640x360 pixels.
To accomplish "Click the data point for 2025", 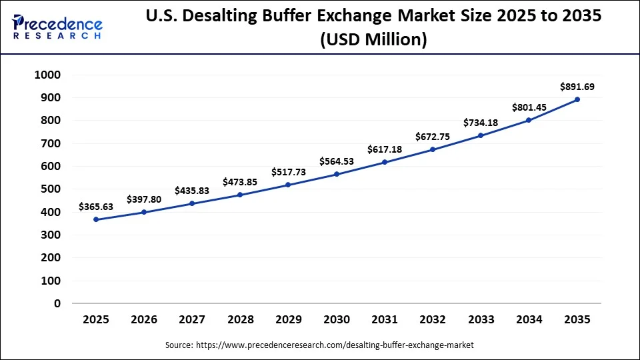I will tap(96, 219).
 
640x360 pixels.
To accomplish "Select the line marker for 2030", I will tap(337, 174).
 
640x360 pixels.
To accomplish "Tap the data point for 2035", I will tap(577, 99).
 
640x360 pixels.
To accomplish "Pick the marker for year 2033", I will tap(481, 135).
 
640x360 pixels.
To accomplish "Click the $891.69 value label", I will tap(577, 86).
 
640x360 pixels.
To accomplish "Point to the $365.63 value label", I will tap(96, 207).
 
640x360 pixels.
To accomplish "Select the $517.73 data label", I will tap(289, 172).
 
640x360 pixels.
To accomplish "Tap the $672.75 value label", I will tap(433, 137).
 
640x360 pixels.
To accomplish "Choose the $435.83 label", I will tap(192, 191).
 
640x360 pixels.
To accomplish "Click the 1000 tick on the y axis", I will tap(47, 75).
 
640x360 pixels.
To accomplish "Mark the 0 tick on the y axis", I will tap(57, 303).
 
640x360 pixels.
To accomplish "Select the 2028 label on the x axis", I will tap(240, 320).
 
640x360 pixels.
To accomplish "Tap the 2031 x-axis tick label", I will tap(385, 320).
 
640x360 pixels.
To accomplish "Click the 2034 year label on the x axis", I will tap(529, 320).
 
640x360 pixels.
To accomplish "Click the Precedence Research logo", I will tap(57, 27).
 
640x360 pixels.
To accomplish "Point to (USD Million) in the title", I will tap(373, 40).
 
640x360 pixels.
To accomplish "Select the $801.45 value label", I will tap(529, 107).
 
